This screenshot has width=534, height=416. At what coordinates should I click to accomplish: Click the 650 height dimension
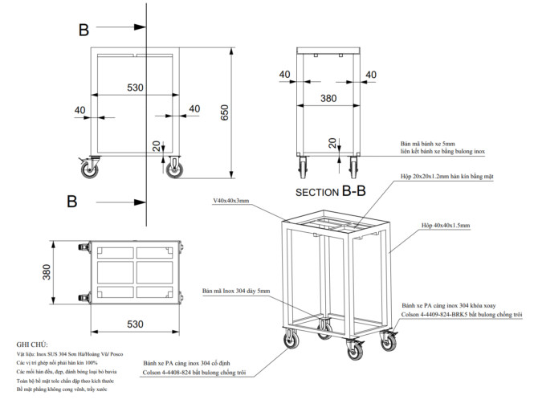225,113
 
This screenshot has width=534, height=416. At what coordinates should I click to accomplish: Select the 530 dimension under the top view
134,324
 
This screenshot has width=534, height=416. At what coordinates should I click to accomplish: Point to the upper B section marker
84,31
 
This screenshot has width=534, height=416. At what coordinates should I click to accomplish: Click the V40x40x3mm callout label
231,202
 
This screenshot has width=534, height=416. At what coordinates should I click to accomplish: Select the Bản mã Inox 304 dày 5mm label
236,291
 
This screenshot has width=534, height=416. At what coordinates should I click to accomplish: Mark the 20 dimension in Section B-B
332,142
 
